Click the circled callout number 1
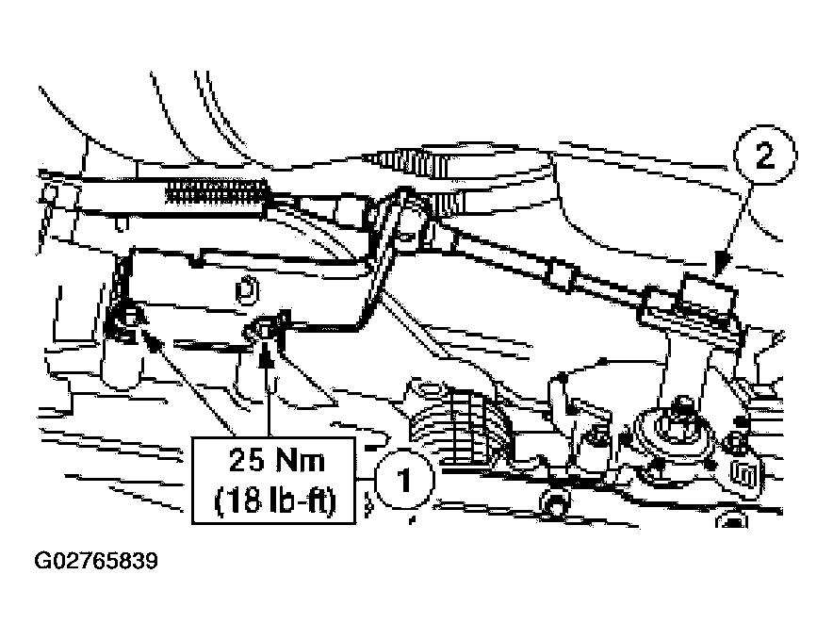(405, 480)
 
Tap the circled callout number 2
(764, 156)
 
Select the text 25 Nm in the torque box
(276, 460)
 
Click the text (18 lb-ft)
(275, 500)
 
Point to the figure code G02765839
(96, 562)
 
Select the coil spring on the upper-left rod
(216, 191)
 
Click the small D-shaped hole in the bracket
(247, 290)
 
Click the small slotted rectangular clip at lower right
(745, 474)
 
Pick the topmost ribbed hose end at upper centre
(412, 161)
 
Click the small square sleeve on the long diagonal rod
(562, 274)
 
